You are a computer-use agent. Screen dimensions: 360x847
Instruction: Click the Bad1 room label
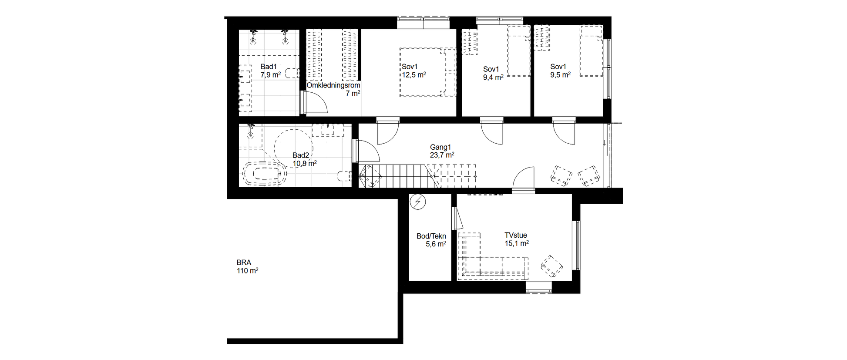(x=269, y=67)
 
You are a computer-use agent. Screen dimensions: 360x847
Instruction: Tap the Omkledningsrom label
(x=333, y=85)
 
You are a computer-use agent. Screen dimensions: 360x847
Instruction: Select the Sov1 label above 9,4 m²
(x=491, y=69)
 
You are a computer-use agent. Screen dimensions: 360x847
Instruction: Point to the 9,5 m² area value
(x=560, y=75)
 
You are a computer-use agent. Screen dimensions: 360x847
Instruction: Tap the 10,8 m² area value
(x=305, y=163)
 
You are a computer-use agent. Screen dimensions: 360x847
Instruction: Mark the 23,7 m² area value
(x=442, y=155)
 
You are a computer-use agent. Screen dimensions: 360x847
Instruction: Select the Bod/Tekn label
(x=431, y=236)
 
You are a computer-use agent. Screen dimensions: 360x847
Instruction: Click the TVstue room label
(x=516, y=236)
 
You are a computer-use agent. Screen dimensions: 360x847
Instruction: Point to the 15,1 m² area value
(x=517, y=243)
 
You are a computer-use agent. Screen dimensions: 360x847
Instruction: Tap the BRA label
(x=244, y=262)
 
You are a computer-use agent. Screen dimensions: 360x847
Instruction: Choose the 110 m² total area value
(x=247, y=270)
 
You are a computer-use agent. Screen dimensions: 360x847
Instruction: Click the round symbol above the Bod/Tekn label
(x=418, y=202)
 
